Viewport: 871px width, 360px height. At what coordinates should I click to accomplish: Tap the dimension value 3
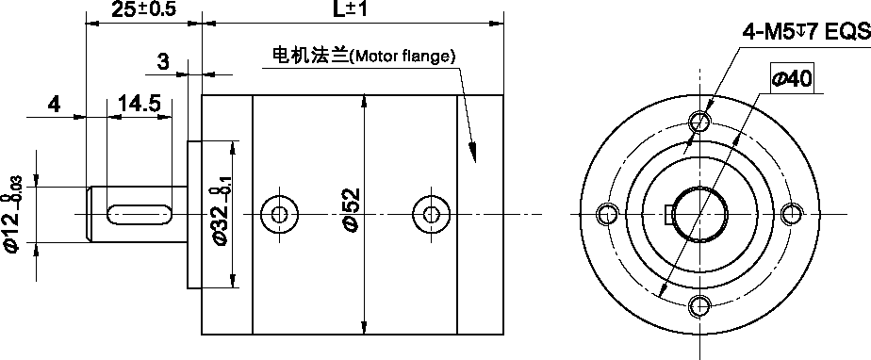[x=162, y=62]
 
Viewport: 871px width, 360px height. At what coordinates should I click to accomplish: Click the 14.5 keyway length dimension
[x=140, y=104]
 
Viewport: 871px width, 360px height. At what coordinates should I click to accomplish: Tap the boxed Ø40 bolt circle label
[x=792, y=79]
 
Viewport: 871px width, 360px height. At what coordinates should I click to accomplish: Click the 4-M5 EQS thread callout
[x=805, y=33]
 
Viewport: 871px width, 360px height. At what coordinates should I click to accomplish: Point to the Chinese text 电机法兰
[x=309, y=56]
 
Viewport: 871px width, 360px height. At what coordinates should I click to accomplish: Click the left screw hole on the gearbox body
[x=278, y=214]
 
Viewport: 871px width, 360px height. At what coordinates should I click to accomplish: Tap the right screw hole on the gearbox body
[x=432, y=214]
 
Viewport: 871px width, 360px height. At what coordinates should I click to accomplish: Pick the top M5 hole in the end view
[x=699, y=122]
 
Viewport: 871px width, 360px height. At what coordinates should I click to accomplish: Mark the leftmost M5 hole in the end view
[x=608, y=215]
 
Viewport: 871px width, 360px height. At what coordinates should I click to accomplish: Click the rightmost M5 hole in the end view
[x=791, y=214]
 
